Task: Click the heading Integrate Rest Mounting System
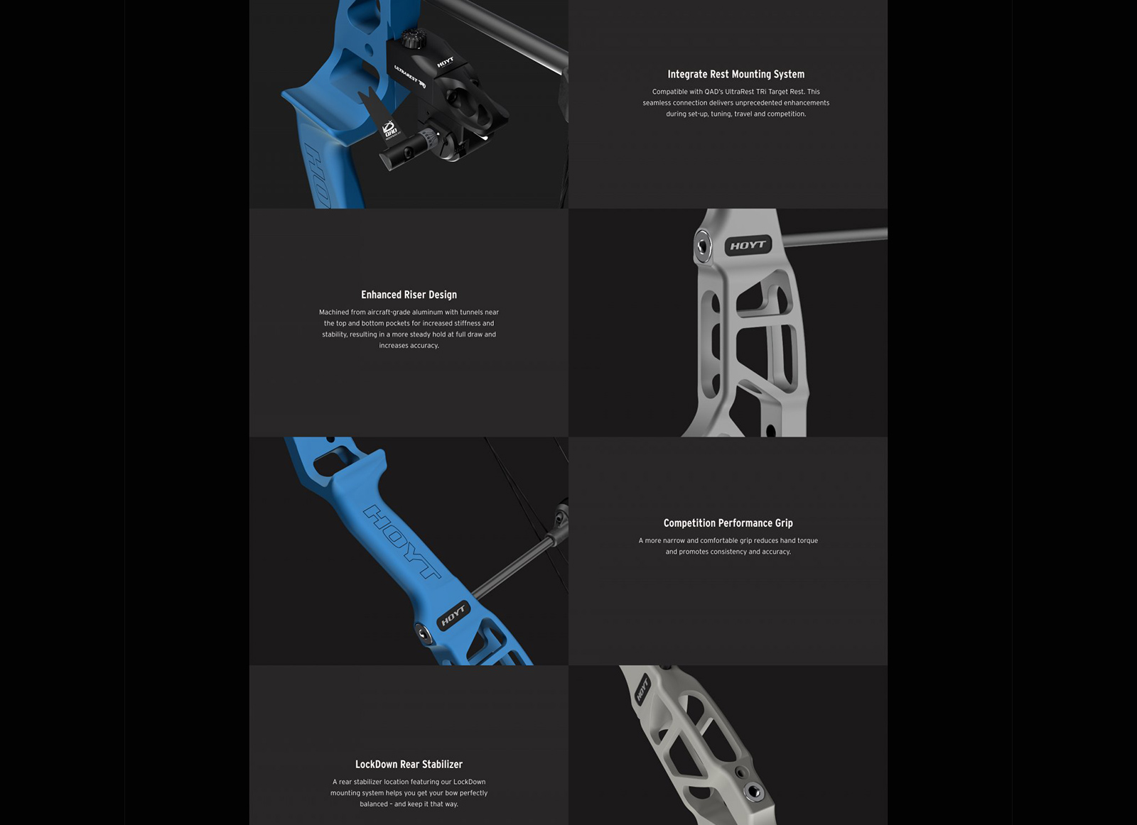pyautogui.click(x=735, y=74)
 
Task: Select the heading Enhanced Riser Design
pyautogui.click(x=409, y=295)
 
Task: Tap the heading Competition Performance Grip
pyautogui.click(x=728, y=523)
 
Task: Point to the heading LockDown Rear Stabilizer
pyautogui.click(x=409, y=764)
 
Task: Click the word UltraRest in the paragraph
pyautogui.click(x=750, y=92)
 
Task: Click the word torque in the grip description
pyautogui.click(x=808, y=540)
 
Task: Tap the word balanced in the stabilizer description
pyautogui.click(x=374, y=804)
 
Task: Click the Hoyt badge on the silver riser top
pyautogui.click(x=748, y=246)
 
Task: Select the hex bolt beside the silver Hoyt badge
pyautogui.click(x=703, y=246)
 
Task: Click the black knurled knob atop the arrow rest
pyautogui.click(x=411, y=38)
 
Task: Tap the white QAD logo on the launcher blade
pyautogui.click(x=390, y=129)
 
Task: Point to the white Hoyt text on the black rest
pyautogui.click(x=445, y=62)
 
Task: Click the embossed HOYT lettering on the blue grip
pyautogui.click(x=402, y=542)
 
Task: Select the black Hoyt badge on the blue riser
pyautogui.click(x=453, y=615)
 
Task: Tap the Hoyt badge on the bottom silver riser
pyautogui.click(x=642, y=689)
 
